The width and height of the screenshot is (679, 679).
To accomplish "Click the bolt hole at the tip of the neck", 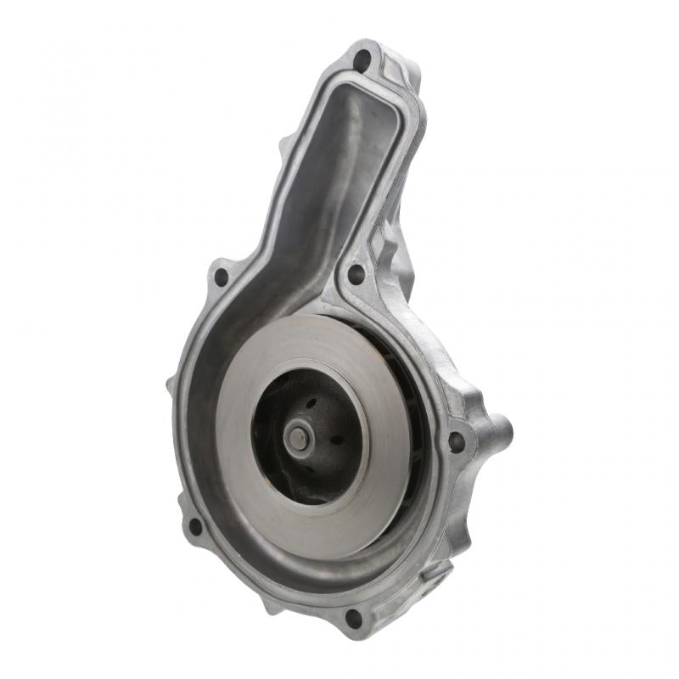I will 363,61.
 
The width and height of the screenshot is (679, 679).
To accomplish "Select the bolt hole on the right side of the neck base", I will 356,274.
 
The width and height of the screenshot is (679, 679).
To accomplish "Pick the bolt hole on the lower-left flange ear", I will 195,526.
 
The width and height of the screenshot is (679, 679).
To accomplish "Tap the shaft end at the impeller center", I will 298,437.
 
